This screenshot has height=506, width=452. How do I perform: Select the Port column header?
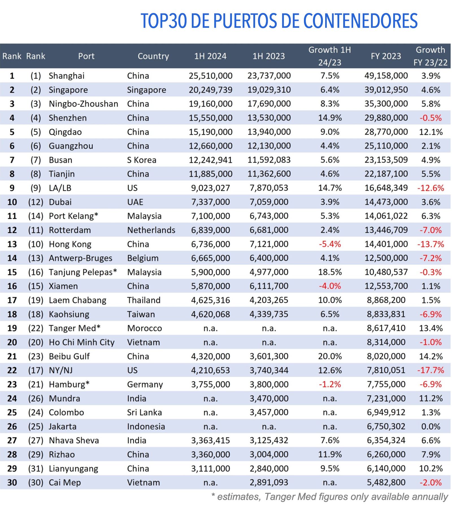[x=86, y=56]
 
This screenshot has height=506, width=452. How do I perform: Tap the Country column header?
[x=153, y=56]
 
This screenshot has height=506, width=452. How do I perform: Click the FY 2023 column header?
[x=386, y=56]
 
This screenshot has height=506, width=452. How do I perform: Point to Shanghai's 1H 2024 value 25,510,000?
[x=210, y=76]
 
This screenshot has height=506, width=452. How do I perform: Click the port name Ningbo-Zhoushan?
[x=83, y=104]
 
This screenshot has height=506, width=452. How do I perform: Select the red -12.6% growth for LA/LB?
[x=431, y=188]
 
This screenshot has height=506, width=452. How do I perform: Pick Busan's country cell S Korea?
[x=142, y=160]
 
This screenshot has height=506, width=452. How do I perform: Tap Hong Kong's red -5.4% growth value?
[x=330, y=244]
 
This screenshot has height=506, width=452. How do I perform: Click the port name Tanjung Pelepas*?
[x=83, y=272]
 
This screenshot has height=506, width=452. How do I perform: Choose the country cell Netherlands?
[x=151, y=230]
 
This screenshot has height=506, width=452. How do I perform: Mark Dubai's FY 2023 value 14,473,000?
[x=386, y=202]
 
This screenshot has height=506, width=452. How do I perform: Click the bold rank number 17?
[x=12, y=300]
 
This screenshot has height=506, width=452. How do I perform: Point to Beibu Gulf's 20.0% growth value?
[x=330, y=356]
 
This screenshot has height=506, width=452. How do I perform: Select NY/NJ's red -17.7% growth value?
[x=431, y=370]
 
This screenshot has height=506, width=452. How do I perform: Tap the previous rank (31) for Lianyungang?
[x=36, y=469]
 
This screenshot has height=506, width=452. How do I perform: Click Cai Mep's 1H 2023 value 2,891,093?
[x=269, y=483]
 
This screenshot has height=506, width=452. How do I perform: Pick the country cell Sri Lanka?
[x=144, y=413]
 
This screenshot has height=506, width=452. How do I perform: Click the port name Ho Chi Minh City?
[x=82, y=343]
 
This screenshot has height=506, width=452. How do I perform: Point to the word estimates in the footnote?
[x=238, y=497]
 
